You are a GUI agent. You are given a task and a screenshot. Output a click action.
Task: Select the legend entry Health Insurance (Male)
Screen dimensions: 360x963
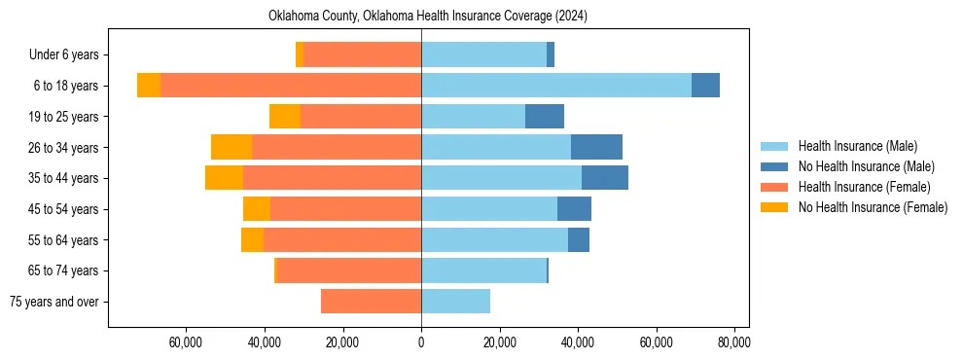pos(857,146)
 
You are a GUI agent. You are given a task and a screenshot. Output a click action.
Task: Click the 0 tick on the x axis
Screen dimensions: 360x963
pos(421,342)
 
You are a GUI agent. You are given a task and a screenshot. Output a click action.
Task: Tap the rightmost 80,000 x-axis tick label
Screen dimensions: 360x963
pos(733,342)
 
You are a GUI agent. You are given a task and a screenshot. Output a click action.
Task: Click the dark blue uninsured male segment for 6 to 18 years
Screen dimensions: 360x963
pos(705,86)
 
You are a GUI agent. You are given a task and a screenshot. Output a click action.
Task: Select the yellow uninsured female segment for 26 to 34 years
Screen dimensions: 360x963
pos(232,147)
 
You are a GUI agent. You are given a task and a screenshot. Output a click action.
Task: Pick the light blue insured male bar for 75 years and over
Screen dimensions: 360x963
pos(455,302)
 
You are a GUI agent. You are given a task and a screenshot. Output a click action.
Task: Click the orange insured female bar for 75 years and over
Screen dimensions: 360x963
pos(371,302)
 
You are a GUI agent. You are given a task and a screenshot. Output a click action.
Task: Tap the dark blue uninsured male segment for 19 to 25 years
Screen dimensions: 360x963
pos(545,117)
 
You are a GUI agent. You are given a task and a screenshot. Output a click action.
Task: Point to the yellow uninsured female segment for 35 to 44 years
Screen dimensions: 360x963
pos(224,178)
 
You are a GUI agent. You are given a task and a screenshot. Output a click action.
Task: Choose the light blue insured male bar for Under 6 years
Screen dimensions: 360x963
pos(483,55)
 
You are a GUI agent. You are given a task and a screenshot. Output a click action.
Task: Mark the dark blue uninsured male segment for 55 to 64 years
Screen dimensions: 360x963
pos(579,239)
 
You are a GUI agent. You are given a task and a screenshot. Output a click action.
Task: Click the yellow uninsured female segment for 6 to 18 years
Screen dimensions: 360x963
pos(149,86)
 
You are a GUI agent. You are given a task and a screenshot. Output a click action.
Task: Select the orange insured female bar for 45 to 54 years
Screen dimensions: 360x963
pos(345,209)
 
